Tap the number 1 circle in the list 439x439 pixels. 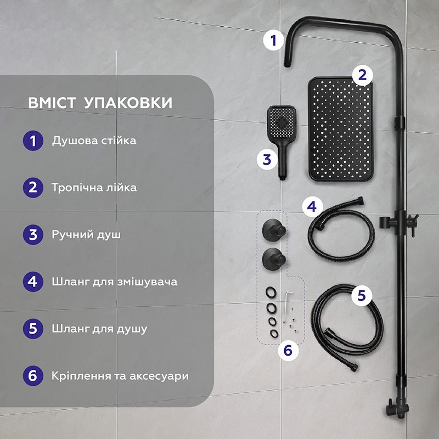point(33,140)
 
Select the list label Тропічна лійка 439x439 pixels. point(94,188)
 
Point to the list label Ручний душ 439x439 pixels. point(86,235)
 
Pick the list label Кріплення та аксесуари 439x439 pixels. point(120,376)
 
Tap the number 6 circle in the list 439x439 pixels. point(33,376)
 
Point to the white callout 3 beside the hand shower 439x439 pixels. point(267,159)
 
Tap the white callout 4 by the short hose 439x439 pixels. point(312,207)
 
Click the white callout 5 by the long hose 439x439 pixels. point(361,295)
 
